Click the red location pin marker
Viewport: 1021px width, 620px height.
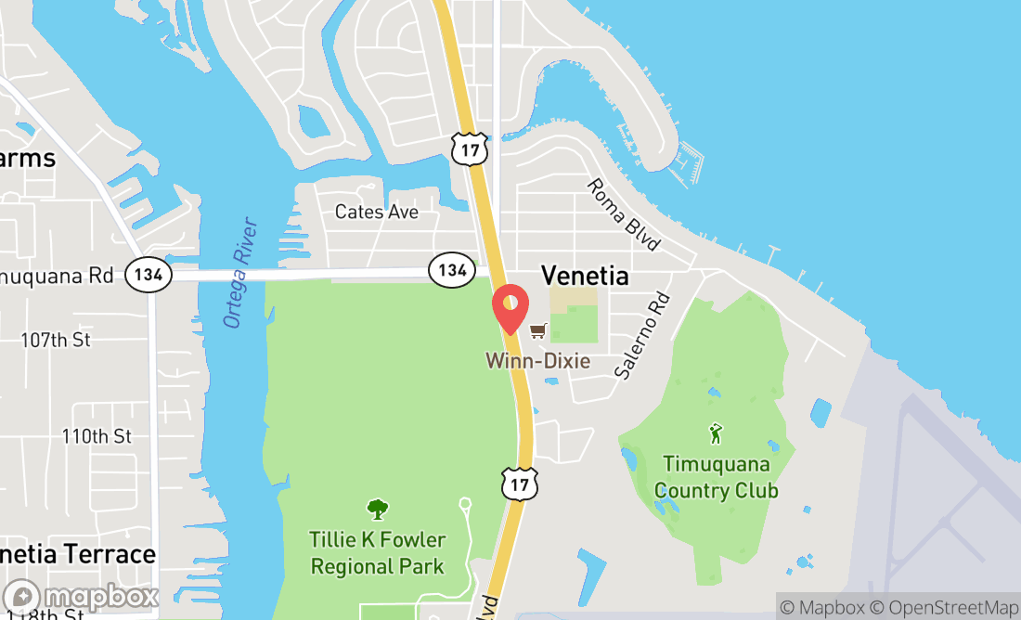click(510, 309)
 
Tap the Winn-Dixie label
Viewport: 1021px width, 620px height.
click(537, 360)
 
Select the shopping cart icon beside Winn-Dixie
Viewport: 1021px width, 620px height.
click(537, 330)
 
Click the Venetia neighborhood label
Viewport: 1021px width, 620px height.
click(584, 276)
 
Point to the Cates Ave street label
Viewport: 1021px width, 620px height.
click(377, 213)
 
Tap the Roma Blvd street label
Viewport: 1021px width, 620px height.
click(624, 214)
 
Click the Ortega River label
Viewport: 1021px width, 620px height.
click(239, 272)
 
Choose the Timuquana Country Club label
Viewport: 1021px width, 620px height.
click(716, 477)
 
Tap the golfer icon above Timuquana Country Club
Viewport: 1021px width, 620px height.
click(715, 433)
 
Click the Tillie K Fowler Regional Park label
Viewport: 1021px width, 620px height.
click(378, 553)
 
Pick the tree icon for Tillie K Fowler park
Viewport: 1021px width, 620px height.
click(378, 510)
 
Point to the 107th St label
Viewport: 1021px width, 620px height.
click(56, 341)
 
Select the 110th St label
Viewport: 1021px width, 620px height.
click(97, 436)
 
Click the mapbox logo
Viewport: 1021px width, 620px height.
click(81, 596)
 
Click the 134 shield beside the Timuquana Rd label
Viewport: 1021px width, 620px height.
click(149, 274)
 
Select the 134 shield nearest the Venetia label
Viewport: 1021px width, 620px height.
click(452, 270)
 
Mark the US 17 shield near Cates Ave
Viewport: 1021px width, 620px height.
click(470, 149)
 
